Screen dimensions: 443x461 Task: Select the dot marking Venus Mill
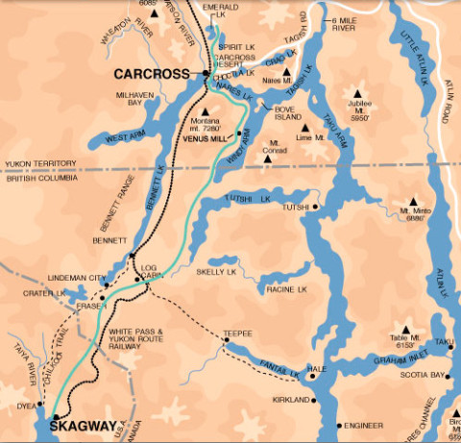click(239, 134)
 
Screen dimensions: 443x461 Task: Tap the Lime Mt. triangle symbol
click(303, 127)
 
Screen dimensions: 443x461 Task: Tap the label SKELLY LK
click(218, 273)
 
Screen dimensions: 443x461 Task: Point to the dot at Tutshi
click(315, 207)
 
